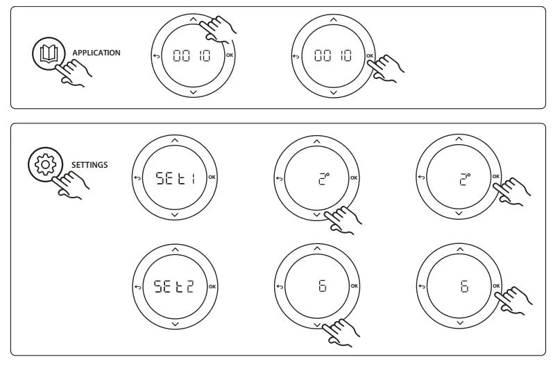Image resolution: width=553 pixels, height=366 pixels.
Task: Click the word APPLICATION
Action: pos(96,53)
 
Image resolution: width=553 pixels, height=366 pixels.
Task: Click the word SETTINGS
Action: pos(90,165)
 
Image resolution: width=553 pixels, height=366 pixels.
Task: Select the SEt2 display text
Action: pos(174,286)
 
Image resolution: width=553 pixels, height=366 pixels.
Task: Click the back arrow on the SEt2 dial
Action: pos(137,286)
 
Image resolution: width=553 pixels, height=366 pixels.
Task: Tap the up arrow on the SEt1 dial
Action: pos(174,141)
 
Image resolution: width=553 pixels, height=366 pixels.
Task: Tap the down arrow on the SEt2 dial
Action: pos(174,324)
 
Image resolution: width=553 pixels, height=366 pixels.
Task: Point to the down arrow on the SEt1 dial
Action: pos(174,216)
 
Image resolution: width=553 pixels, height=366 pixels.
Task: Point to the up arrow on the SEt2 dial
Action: pos(174,248)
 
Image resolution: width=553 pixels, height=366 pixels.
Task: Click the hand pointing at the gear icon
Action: pos(69,183)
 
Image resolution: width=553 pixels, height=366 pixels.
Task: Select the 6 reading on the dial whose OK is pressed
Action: pos(464,286)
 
